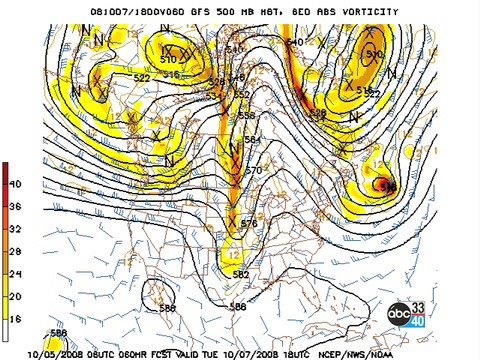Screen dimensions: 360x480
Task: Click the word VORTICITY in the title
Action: click(366, 12)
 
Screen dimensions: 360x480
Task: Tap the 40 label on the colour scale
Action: click(16, 184)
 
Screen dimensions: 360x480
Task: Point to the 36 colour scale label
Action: click(16, 206)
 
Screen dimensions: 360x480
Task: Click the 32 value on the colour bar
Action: click(16, 228)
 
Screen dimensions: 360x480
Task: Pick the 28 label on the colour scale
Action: click(16, 250)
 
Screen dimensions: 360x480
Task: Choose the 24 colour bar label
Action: click(16, 272)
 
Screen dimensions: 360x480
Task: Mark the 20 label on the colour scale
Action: click(16, 295)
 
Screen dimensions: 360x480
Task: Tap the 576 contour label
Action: click(249, 223)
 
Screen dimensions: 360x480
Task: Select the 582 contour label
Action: click(241, 274)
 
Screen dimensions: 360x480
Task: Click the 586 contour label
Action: click(238, 307)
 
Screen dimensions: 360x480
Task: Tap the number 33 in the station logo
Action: click(419, 306)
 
